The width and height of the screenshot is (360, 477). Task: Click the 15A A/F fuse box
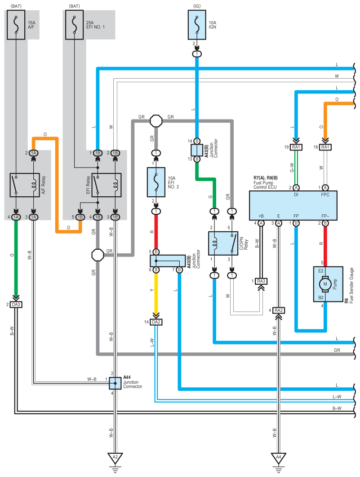coord(16,25)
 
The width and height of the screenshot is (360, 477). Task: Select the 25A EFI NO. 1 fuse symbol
coord(74,25)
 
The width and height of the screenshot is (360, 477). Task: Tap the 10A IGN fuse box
coord(197,25)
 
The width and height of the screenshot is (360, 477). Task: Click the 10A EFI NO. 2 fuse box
coord(156,182)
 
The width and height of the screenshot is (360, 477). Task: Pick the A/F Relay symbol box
coord(25,185)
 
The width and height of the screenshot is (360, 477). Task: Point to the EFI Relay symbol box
coord(106,185)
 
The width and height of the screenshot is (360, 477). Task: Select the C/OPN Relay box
coord(223,243)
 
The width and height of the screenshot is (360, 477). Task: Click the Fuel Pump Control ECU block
coord(293,205)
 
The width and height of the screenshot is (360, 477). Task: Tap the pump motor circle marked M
coord(325,284)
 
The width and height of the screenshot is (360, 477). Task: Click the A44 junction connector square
coord(115,383)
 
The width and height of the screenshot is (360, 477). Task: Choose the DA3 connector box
coord(16,305)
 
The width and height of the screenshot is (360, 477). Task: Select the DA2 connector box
coord(156,322)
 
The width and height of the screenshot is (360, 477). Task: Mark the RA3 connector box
coord(261,281)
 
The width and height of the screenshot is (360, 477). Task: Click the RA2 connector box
coord(279,310)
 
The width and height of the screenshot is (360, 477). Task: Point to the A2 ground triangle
coord(115,458)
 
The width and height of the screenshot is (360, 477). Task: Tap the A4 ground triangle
coord(279,458)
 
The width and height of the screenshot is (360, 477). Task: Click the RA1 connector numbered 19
coord(296,147)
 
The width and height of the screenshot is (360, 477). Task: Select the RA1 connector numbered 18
coord(325,147)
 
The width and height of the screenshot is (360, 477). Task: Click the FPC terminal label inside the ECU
coord(325,194)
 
